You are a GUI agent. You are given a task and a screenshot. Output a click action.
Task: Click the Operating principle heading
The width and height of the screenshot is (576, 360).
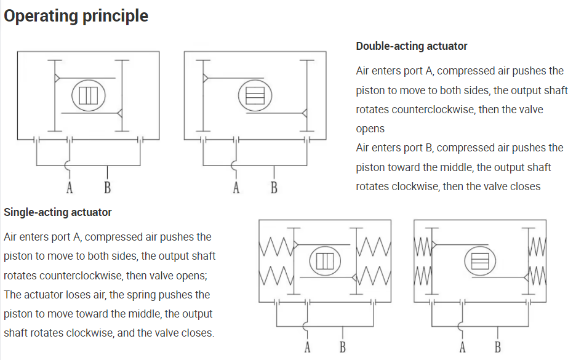[76, 16]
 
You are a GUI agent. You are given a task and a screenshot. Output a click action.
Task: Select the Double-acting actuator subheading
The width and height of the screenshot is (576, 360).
[411, 46]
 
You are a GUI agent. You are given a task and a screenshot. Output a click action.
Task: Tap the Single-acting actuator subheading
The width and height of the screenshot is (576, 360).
[58, 212]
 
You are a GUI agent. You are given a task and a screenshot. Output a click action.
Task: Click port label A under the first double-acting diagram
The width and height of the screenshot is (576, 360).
[69, 187]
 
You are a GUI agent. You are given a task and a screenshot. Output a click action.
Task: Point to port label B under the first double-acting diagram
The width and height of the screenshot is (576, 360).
[107, 187]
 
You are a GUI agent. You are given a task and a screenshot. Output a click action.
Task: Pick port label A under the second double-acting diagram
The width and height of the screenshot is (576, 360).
[236, 187]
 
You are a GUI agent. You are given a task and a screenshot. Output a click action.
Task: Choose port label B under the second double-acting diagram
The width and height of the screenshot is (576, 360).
[274, 187]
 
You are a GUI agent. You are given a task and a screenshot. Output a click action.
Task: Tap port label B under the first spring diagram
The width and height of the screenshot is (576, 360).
[343, 348]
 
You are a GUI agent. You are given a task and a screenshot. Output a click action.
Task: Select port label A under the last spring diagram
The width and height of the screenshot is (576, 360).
[462, 348]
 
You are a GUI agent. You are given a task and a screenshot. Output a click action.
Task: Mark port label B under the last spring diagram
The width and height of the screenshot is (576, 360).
[498, 348]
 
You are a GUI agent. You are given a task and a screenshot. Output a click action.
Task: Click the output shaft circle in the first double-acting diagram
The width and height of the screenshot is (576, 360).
[89, 95]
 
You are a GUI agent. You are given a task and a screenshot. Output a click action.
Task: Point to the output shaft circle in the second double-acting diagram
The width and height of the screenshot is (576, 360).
[255, 95]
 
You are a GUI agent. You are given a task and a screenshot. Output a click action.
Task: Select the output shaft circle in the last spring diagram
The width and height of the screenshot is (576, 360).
[479, 261]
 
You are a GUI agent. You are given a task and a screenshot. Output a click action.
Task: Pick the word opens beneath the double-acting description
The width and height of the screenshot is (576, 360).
[370, 129]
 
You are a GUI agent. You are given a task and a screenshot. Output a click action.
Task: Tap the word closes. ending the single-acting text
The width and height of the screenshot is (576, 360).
[198, 333]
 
